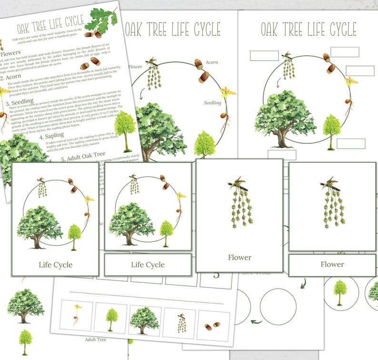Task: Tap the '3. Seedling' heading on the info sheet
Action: point(19,101)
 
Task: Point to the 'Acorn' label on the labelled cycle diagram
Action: point(211,62)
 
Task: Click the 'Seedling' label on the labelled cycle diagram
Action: point(212,102)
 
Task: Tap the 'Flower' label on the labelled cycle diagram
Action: point(136,67)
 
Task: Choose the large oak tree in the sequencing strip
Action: point(144,320)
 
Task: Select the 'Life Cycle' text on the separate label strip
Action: point(148,265)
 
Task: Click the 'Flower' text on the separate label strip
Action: point(332,264)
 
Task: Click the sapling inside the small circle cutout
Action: point(340,291)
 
